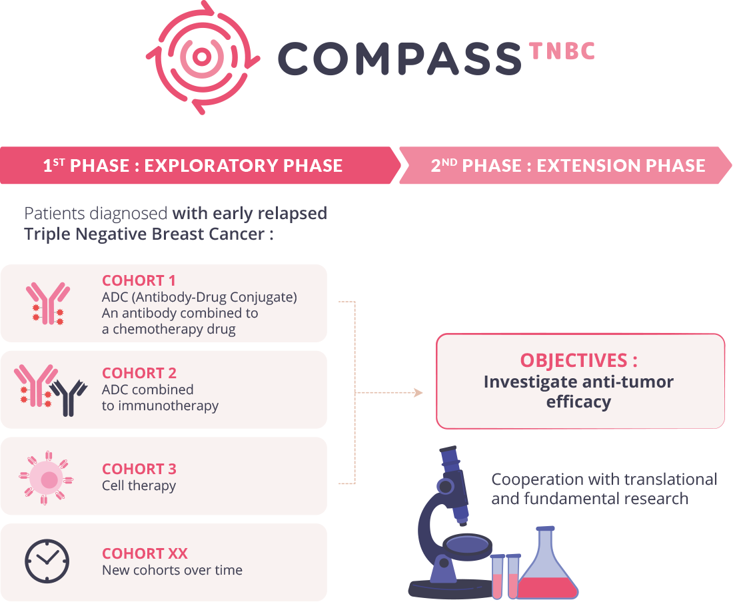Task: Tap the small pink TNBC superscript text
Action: pyautogui.click(x=562, y=51)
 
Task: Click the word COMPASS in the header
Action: pyautogui.click(x=398, y=59)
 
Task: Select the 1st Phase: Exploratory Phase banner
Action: pyautogui.click(x=193, y=165)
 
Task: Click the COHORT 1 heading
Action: pyautogui.click(x=139, y=280)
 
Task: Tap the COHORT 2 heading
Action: pyautogui.click(x=139, y=373)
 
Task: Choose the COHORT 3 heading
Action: pyautogui.click(x=139, y=469)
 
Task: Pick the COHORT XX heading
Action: pyautogui.click(x=145, y=553)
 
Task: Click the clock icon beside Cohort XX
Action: pyautogui.click(x=47, y=561)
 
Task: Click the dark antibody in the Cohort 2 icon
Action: pyautogui.click(x=69, y=398)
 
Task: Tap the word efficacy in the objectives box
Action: pyautogui.click(x=578, y=402)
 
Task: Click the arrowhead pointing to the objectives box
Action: pyautogui.click(x=418, y=393)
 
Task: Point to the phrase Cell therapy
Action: pyautogui.click(x=139, y=485)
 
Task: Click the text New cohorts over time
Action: pyautogui.click(x=172, y=570)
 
